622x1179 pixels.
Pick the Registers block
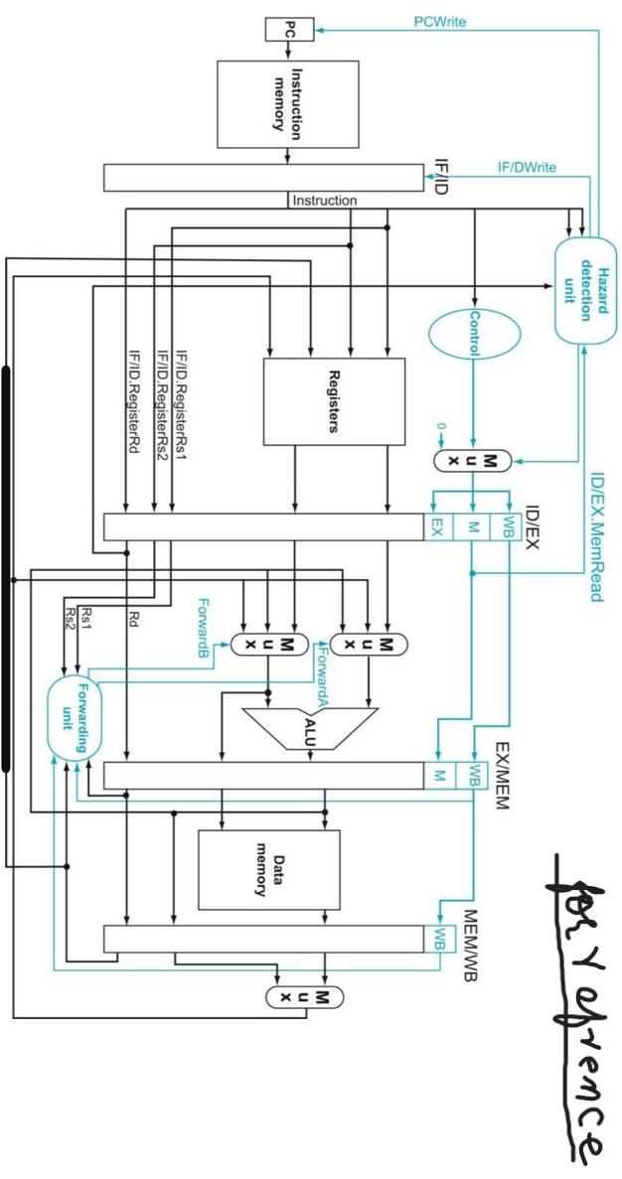point(334,401)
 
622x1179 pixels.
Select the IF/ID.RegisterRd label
point(133,397)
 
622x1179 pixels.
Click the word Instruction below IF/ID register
point(324,201)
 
